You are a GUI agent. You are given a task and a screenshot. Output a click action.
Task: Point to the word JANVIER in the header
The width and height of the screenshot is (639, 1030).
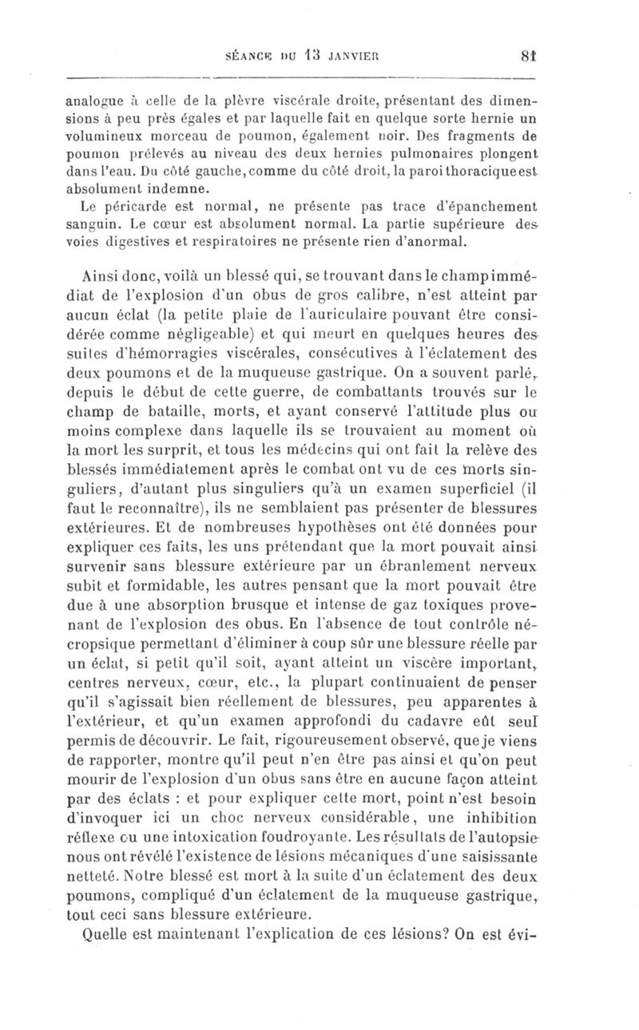341,57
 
